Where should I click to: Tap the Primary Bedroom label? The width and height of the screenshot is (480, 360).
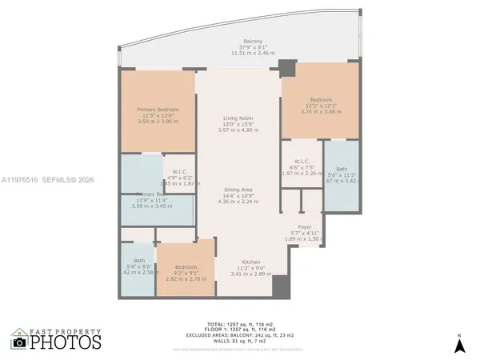point(157,109)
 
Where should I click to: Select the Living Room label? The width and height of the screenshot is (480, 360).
point(238,118)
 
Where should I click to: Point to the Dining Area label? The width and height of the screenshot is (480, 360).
point(238,189)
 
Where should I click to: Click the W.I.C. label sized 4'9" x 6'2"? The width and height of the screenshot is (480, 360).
point(179,170)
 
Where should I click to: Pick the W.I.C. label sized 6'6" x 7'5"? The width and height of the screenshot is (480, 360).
point(302,161)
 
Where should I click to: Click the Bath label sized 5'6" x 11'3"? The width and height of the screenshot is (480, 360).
point(342,169)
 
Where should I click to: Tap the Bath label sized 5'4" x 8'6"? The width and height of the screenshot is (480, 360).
point(139,261)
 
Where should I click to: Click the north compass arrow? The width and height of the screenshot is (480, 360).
point(460,345)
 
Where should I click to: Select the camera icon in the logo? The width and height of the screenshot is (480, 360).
point(19,342)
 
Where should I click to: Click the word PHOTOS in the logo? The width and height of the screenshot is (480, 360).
point(66,342)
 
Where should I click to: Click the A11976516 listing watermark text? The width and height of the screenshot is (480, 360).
point(22,181)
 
